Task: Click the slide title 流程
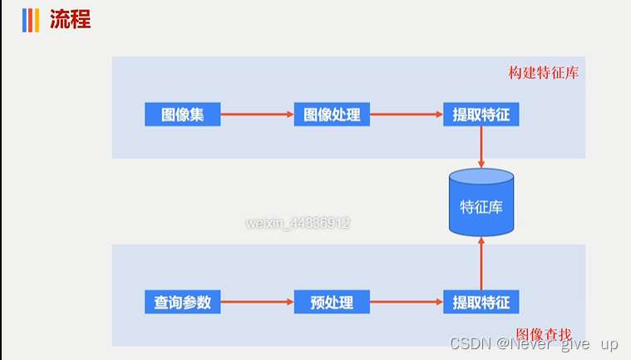pyautogui.click(x=70, y=20)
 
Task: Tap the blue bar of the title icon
pyautogui.click(x=25, y=20)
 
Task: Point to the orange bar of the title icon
pyautogui.click(x=37, y=20)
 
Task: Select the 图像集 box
pyautogui.click(x=183, y=115)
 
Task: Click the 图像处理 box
pyautogui.click(x=332, y=115)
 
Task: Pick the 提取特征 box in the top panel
pyautogui.click(x=481, y=115)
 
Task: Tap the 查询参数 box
pyautogui.click(x=183, y=302)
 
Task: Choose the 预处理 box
pyautogui.click(x=332, y=302)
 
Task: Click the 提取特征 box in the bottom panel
pyautogui.click(x=481, y=302)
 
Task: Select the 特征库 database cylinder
pyautogui.click(x=481, y=203)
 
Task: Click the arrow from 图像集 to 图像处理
pyautogui.click(x=257, y=115)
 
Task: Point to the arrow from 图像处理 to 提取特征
pyautogui.click(x=407, y=115)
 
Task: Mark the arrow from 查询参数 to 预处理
pyautogui.click(x=257, y=302)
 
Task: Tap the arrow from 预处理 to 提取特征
pyautogui.click(x=407, y=302)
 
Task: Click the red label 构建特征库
pyautogui.click(x=544, y=72)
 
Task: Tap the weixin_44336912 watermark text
pyautogui.click(x=298, y=223)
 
